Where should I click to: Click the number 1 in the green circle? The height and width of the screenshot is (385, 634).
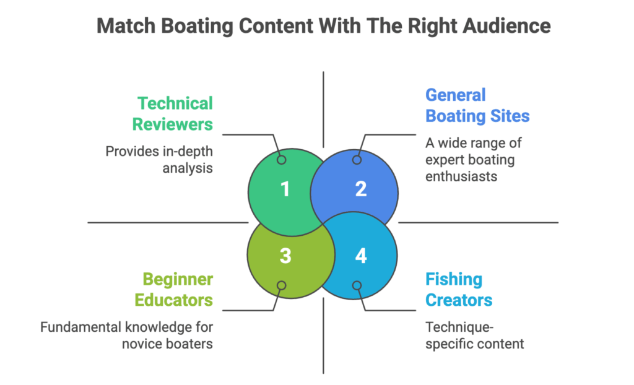pos(284,189)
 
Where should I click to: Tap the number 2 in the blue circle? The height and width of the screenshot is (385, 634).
pos(360,189)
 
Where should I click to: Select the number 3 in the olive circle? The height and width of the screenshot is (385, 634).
pos(285,255)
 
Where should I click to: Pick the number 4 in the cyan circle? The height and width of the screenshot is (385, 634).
pos(361,255)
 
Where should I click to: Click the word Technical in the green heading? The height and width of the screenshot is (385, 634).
pos(175,103)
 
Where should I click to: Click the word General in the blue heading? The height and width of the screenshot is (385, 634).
pos(455,95)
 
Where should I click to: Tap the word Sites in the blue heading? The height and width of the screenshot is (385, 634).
pos(510,116)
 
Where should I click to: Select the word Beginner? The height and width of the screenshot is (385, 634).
pos(178,279)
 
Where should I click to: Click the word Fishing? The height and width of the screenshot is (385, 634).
pos(453,279)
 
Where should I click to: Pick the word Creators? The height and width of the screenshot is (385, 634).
pos(459,300)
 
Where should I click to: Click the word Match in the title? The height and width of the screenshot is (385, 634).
pos(122,26)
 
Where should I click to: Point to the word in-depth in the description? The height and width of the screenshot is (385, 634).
pos(187,150)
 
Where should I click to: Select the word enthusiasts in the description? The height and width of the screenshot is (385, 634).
pos(462,177)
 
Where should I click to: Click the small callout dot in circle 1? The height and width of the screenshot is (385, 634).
pos(281,160)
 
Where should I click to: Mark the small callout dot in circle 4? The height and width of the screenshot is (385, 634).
pos(357,285)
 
